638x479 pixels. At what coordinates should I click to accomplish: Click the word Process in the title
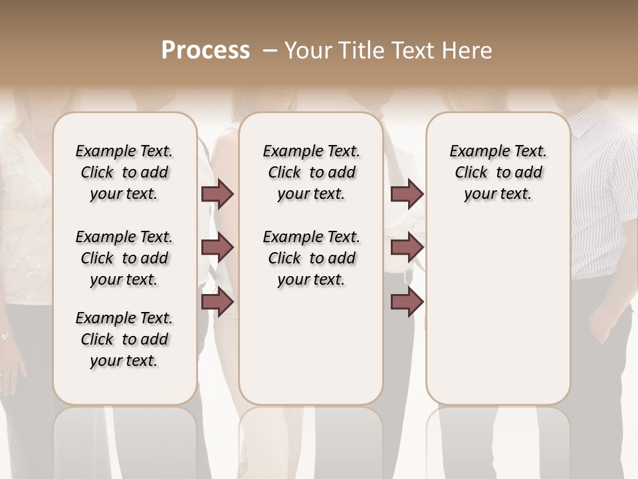coord(205,51)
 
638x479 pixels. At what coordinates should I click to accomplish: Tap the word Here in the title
coord(469,51)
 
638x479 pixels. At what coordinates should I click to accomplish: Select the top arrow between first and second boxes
coord(217,194)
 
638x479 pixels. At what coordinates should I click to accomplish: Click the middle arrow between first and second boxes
coord(217,247)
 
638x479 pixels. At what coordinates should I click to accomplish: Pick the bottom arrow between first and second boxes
coord(217,302)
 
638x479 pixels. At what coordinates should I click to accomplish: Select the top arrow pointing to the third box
coord(407,194)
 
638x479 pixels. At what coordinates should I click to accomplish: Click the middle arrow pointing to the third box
coord(407,247)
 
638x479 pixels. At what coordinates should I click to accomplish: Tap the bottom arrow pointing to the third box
coord(407,302)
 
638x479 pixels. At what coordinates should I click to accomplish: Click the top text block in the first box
coord(124,172)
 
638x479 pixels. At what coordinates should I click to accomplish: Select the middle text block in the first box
coord(124,258)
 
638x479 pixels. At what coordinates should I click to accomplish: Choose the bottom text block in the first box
coord(124,339)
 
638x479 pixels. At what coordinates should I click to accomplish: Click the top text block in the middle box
coord(312,172)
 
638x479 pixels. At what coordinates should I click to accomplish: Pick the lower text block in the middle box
coord(312,258)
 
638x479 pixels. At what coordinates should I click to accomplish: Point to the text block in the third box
coord(498,172)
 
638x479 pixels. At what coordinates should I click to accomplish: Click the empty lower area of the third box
coord(498,313)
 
